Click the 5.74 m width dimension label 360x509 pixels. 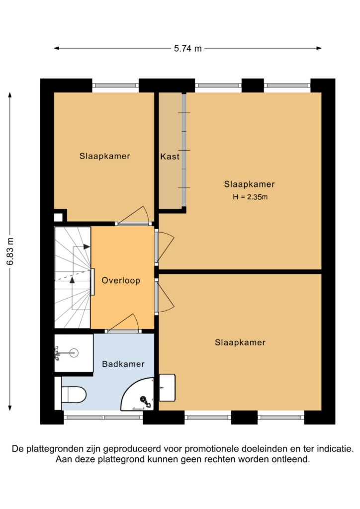187,48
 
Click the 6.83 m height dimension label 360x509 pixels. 10,251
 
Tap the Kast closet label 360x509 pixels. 170,157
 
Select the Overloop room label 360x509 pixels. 121,280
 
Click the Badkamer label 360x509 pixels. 123,364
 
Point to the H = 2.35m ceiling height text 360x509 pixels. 250,197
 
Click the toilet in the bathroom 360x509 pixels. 71,394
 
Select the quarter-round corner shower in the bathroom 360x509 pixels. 137,394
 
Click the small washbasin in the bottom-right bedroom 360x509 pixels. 167,388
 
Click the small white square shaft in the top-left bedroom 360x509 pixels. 58,217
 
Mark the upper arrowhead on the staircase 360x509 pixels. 87,247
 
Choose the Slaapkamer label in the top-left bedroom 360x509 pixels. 105,156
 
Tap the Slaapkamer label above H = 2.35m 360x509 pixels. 249,184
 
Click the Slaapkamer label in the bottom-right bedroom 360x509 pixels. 240,342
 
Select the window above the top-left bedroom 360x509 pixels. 115,85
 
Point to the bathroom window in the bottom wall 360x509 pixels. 103,417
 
